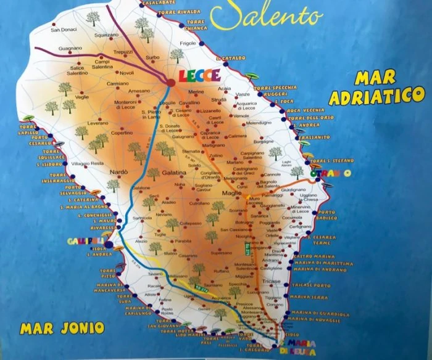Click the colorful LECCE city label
coord(199,76)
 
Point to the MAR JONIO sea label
coord(53,326)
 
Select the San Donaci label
coord(63,30)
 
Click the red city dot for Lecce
coord(170,82)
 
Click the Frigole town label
coord(186,44)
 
